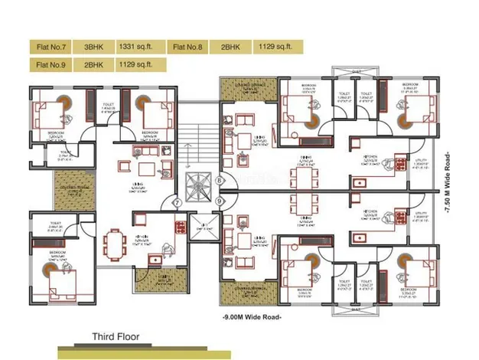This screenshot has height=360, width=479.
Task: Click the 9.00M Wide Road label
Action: click(x=252, y=316)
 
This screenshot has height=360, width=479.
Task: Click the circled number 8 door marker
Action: click(x=219, y=181)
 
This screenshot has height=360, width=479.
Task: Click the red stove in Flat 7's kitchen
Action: click(x=181, y=227)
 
